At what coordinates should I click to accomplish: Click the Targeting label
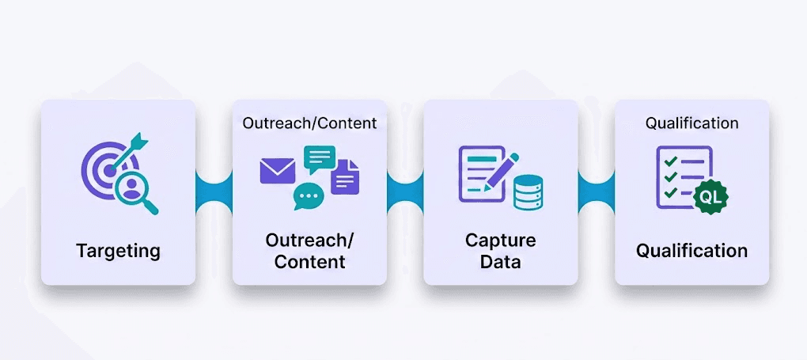(118, 252)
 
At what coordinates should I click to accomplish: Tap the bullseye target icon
(104, 169)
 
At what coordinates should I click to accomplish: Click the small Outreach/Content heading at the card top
(309, 123)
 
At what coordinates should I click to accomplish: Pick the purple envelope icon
(277, 171)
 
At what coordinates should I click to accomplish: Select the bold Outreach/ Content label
(309, 251)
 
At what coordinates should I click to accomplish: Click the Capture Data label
(501, 251)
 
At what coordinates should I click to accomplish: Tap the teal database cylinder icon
(528, 191)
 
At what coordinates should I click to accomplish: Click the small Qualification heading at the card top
(692, 123)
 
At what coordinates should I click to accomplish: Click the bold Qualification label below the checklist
(692, 251)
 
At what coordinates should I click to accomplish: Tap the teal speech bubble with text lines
(319, 160)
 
